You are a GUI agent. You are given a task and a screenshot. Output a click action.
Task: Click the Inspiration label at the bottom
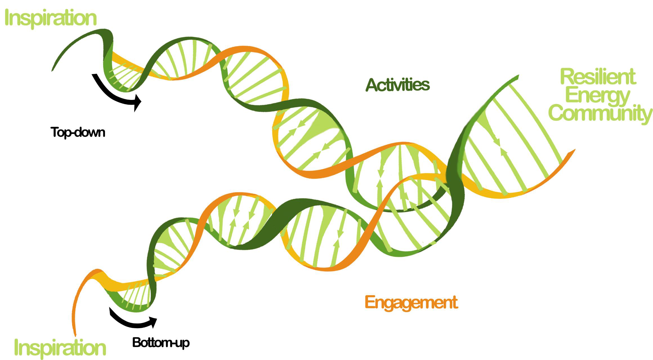coord(60,347)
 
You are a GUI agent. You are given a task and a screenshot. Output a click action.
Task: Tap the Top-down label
coord(78,133)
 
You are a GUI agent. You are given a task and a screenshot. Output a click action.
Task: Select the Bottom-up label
coord(161,343)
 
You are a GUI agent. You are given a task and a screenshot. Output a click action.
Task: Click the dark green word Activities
coord(398,85)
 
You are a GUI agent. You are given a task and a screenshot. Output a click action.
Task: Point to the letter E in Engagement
coord(370,302)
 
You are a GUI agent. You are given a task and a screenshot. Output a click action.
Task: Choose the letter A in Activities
coord(372,85)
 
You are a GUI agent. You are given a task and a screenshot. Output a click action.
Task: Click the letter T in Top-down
coord(55,132)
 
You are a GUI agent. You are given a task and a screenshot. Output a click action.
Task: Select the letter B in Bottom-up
coord(137,343)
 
